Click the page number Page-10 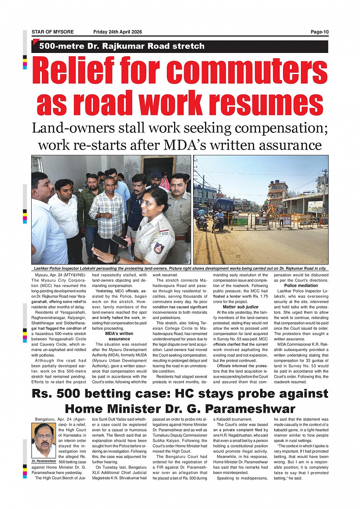[x=319, y=32]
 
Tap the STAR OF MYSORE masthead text [x=53, y=32]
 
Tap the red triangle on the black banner [x=35, y=42]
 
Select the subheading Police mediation [x=301, y=286]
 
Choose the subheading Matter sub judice [x=240, y=307]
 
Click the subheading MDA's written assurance [x=119, y=336]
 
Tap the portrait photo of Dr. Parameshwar [x=44, y=440]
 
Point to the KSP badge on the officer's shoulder [x=165, y=233]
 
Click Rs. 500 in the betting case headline [x=56, y=393]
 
